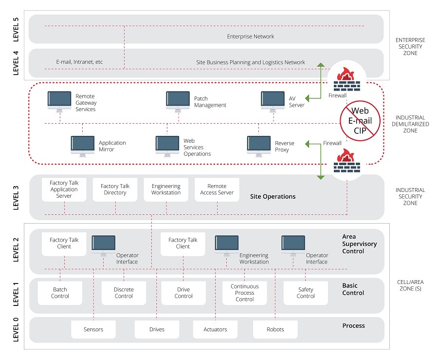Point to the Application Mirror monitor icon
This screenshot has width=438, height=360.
[x=83, y=145]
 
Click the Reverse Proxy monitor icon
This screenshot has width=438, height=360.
[x=259, y=145]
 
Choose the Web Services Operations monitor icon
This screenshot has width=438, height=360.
[x=167, y=145]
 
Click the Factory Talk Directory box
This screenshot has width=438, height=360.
[x=115, y=189]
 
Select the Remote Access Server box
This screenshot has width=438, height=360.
[x=217, y=189]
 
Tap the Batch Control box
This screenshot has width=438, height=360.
[x=60, y=293]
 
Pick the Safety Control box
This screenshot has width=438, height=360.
[x=306, y=293]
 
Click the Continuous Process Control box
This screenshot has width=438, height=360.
[x=244, y=293]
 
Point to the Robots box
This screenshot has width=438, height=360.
[x=275, y=329]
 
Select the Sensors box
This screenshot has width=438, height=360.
[x=93, y=329]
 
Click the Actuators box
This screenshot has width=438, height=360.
[x=215, y=329]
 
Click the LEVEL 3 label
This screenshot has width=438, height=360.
[x=16, y=197]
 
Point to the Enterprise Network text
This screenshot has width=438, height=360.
[x=251, y=37]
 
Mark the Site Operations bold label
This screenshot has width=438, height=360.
[x=273, y=197]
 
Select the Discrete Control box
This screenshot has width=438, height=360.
[x=124, y=293]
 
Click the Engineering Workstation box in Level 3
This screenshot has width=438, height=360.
[x=166, y=189]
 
